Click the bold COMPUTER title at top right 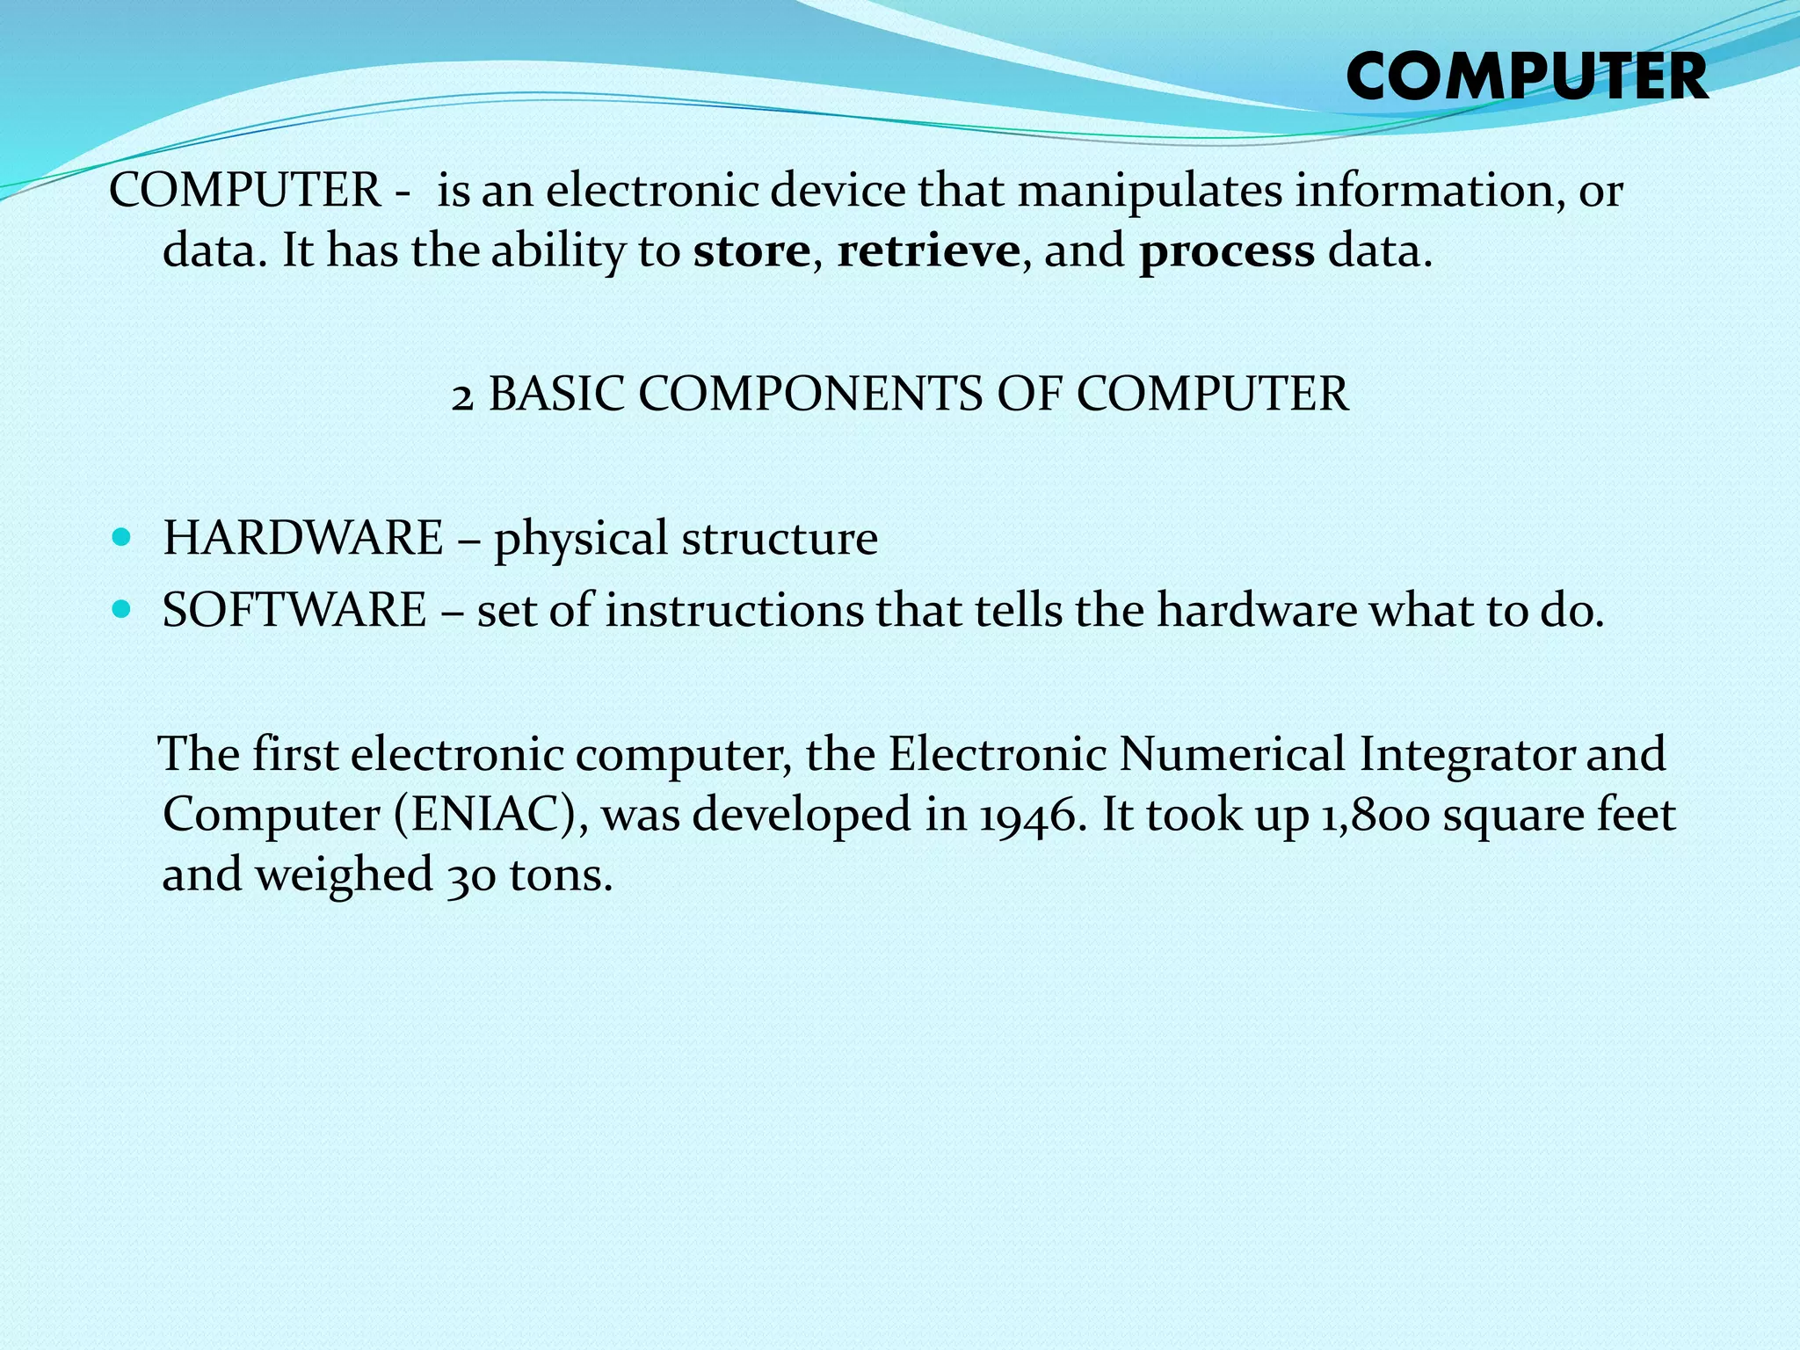coord(1527,77)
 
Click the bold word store coord(751,251)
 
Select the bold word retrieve coord(928,251)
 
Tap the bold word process coord(1227,253)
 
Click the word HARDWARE coord(303,538)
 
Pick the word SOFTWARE coord(294,610)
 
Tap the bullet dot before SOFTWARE coord(122,608)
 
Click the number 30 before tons coord(471,876)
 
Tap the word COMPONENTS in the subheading coord(809,394)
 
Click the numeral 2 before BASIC coord(462,397)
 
